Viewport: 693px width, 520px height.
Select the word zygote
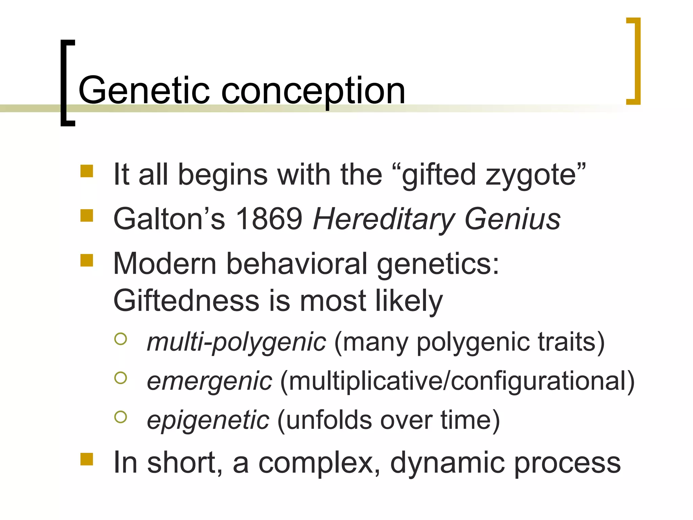[x=531, y=175]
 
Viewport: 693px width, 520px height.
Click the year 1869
[x=269, y=219]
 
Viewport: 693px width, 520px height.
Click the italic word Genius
[x=512, y=219]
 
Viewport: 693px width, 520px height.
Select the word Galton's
[x=169, y=219]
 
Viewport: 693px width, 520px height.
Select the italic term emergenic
[x=209, y=381]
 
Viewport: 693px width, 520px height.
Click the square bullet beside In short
[x=87, y=459]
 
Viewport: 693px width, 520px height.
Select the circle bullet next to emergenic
[x=121, y=378]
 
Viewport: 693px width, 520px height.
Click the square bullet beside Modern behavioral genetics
[x=87, y=260]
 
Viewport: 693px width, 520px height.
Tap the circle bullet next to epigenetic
[x=121, y=417]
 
